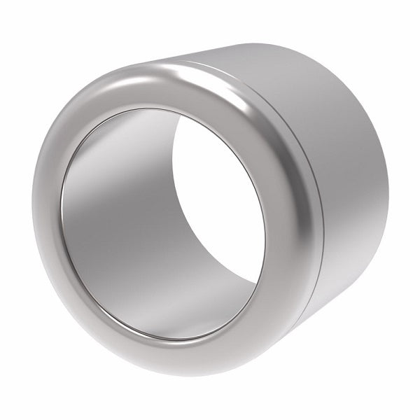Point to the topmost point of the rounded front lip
168,64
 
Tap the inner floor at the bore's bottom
168,315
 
